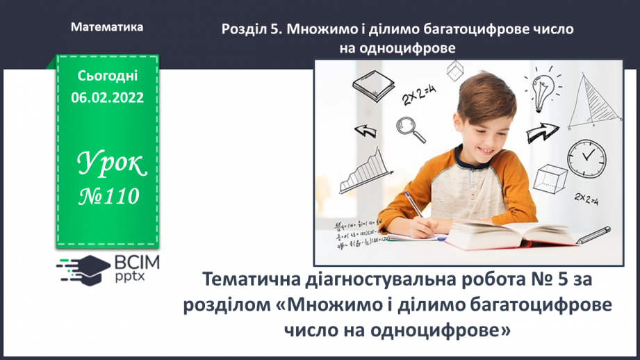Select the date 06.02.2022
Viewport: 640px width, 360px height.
(107, 97)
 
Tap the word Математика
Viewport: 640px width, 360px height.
(108, 27)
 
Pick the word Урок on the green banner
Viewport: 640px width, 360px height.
(110, 164)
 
